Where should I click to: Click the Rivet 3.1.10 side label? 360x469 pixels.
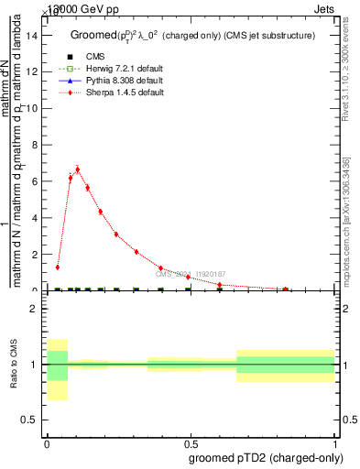[352, 73]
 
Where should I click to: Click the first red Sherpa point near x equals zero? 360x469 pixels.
[58, 267]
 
